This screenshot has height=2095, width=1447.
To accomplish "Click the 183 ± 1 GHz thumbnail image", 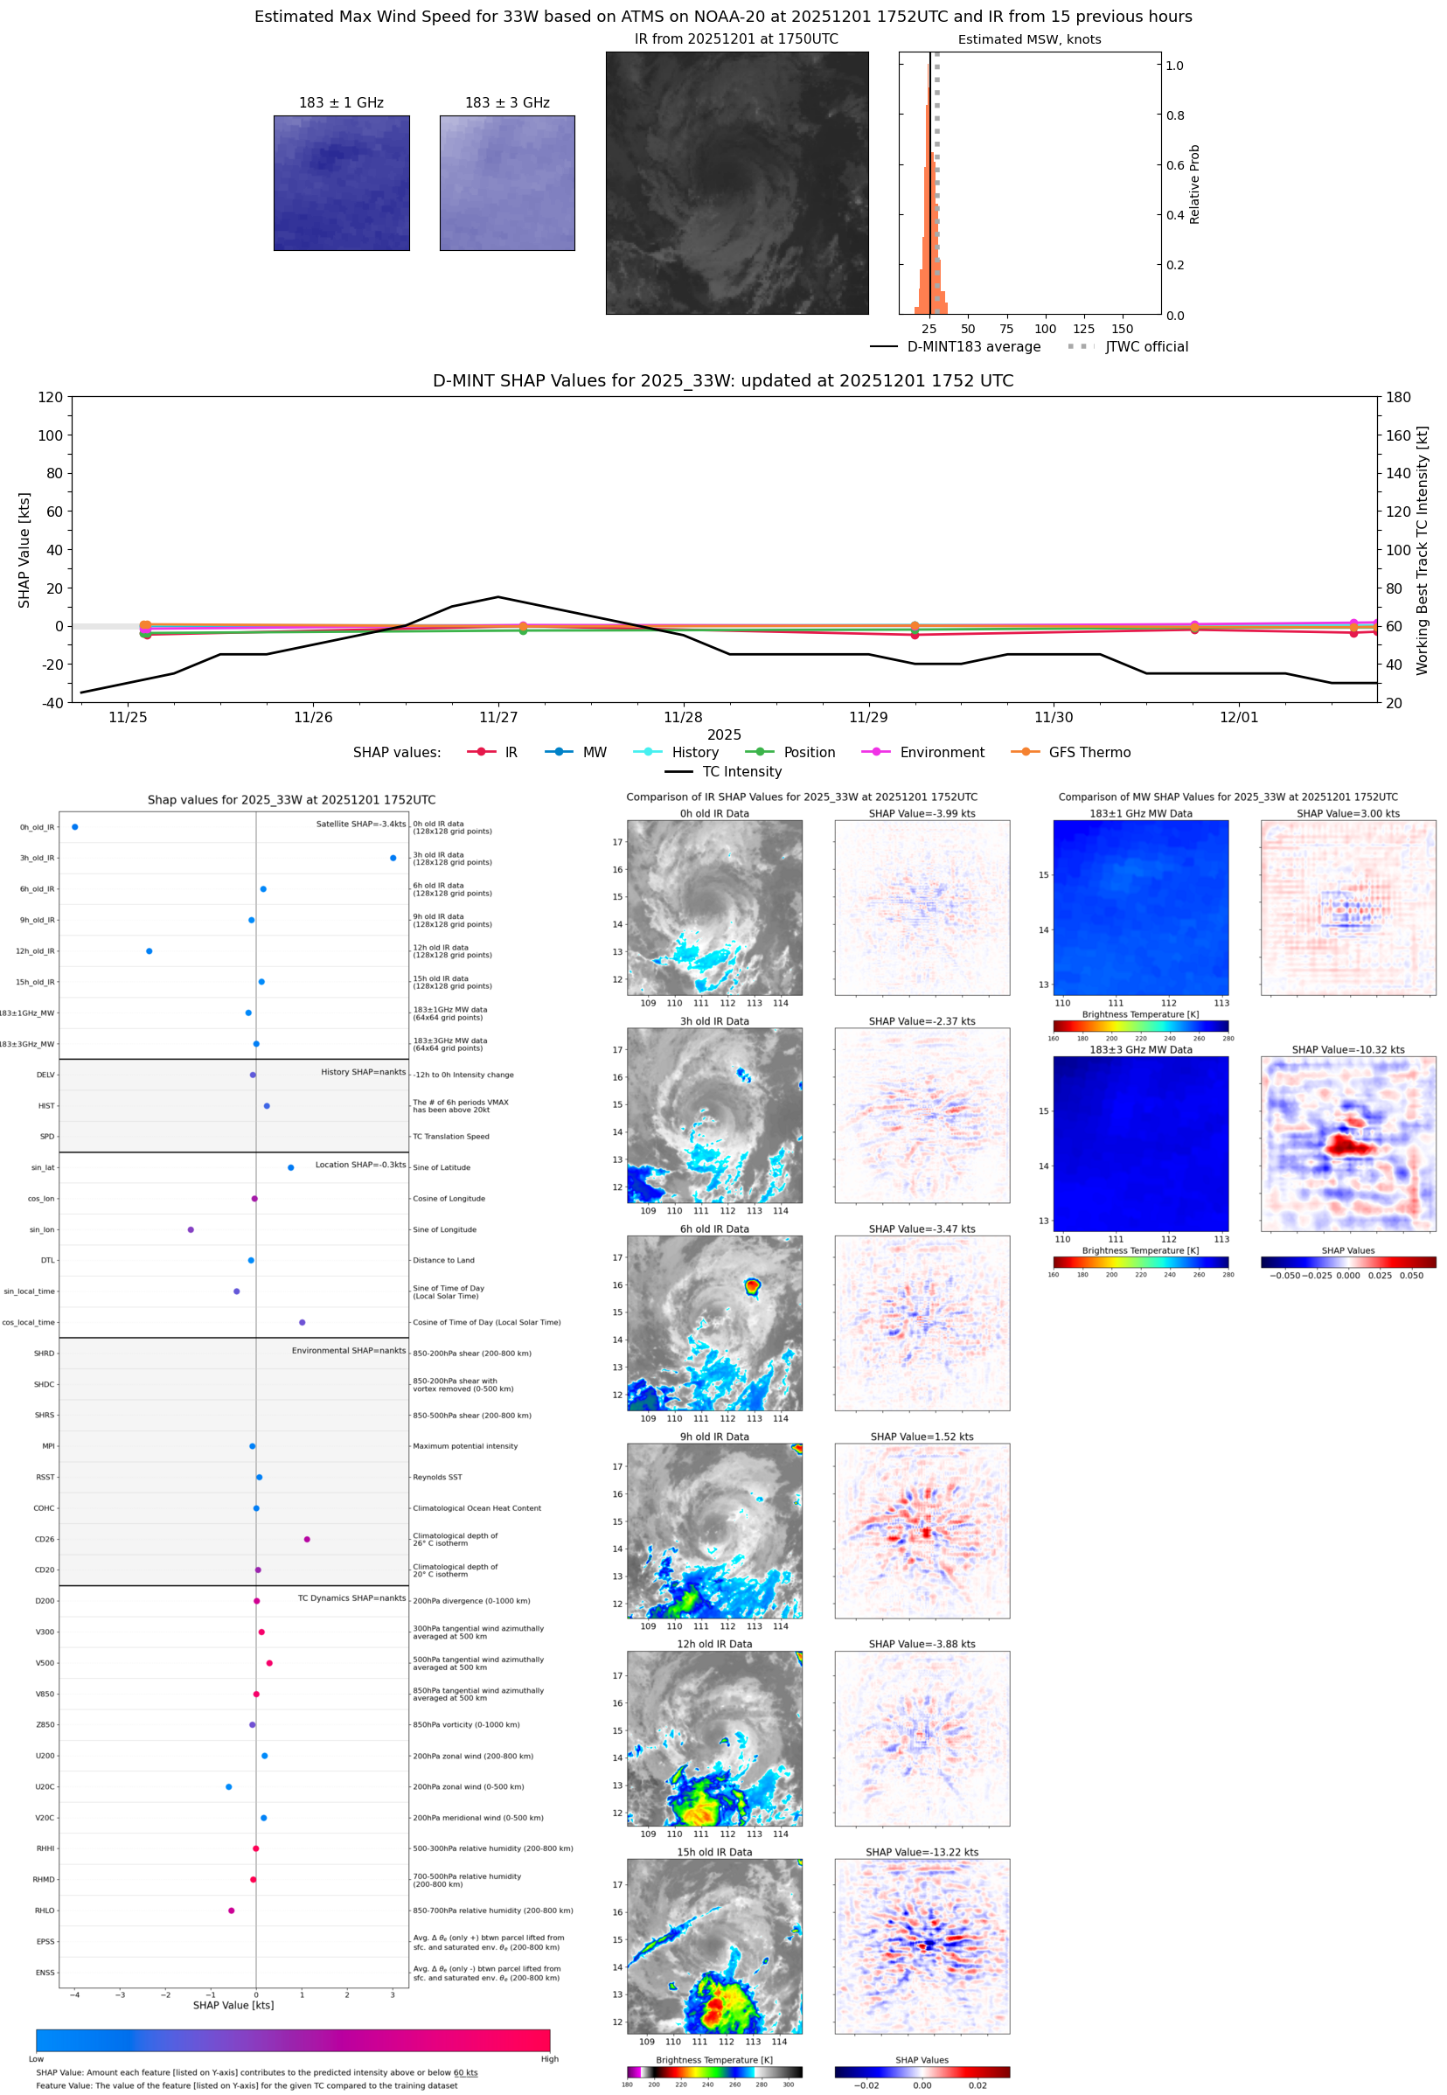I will pyautogui.click(x=341, y=183).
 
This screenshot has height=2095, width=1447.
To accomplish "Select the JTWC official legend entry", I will pyautogui.click(x=1146, y=346).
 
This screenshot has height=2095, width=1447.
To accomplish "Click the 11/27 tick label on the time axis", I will pyautogui.click(x=497, y=717).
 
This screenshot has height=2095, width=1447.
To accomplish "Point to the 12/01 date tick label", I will pyautogui.click(x=1238, y=717).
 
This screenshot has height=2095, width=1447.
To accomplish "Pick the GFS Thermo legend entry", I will pyautogui.click(x=1089, y=753).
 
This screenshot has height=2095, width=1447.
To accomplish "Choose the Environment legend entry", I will pyautogui.click(x=941, y=753).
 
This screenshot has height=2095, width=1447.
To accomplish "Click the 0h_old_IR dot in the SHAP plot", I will pyautogui.click(x=75, y=827).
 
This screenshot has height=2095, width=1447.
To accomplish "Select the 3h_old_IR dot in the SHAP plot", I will pyautogui.click(x=393, y=858).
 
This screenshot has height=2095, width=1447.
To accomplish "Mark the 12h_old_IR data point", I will pyautogui.click(x=150, y=951).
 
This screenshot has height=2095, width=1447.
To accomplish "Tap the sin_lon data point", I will pyautogui.click(x=191, y=1229).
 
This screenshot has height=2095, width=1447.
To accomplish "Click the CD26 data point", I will pyautogui.click(x=308, y=1539).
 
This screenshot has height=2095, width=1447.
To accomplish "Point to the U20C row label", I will pyautogui.click(x=45, y=1786).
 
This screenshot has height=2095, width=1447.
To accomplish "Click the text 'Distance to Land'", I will pyautogui.click(x=443, y=1260).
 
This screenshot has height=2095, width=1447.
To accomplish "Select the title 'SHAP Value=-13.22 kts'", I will pyautogui.click(x=922, y=1852).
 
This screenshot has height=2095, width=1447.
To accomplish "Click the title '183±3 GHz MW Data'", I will pyautogui.click(x=1141, y=1050).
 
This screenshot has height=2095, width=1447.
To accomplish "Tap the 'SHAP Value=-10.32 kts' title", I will pyautogui.click(x=1347, y=1050).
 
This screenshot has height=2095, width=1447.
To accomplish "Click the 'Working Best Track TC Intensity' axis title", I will pyautogui.click(x=1422, y=549).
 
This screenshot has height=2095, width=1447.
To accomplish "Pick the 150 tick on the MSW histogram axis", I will pyautogui.click(x=1123, y=329).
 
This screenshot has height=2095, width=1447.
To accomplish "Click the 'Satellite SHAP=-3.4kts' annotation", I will pyautogui.click(x=361, y=824).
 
